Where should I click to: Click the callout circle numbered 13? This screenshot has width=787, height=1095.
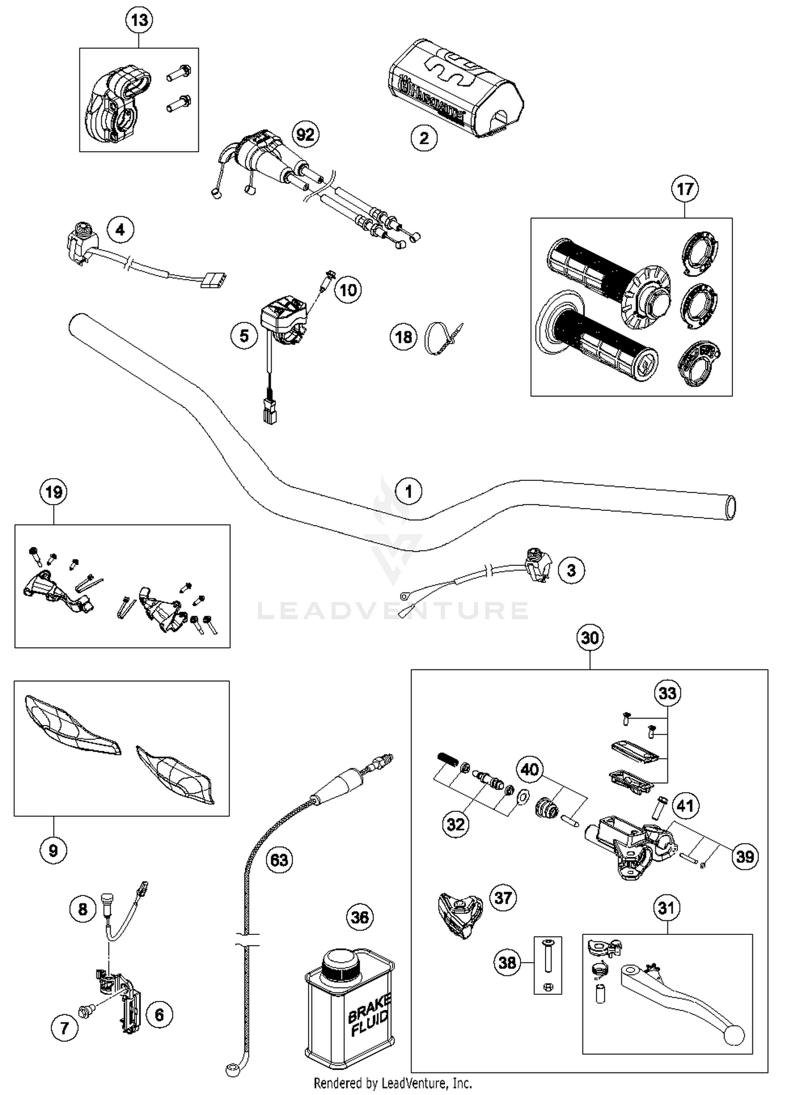(x=139, y=20)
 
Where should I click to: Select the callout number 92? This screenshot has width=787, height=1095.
(x=305, y=134)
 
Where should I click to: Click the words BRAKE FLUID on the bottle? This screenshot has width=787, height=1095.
(x=369, y=1016)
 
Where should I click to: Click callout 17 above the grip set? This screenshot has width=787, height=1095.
(x=685, y=189)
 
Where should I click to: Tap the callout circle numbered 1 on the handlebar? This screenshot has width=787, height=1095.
(x=409, y=491)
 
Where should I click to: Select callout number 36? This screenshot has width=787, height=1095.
(x=360, y=917)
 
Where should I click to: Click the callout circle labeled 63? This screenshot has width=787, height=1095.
(x=279, y=860)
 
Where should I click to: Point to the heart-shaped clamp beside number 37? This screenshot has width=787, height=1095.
(x=459, y=914)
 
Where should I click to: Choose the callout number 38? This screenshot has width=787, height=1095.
(x=507, y=963)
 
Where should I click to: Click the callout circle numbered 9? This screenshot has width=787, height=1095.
(x=54, y=850)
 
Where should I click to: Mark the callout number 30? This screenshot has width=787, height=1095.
(x=590, y=638)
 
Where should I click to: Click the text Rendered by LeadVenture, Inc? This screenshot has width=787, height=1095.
(x=392, y=1082)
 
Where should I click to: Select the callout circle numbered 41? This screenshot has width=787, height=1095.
(x=685, y=806)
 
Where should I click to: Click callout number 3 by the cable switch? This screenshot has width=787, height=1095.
(x=571, y=570)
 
